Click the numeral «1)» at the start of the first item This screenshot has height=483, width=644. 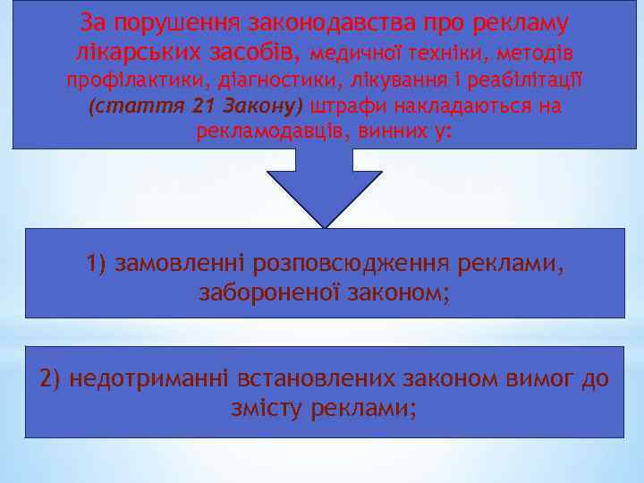97,264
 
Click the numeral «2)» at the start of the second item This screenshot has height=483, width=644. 50,379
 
